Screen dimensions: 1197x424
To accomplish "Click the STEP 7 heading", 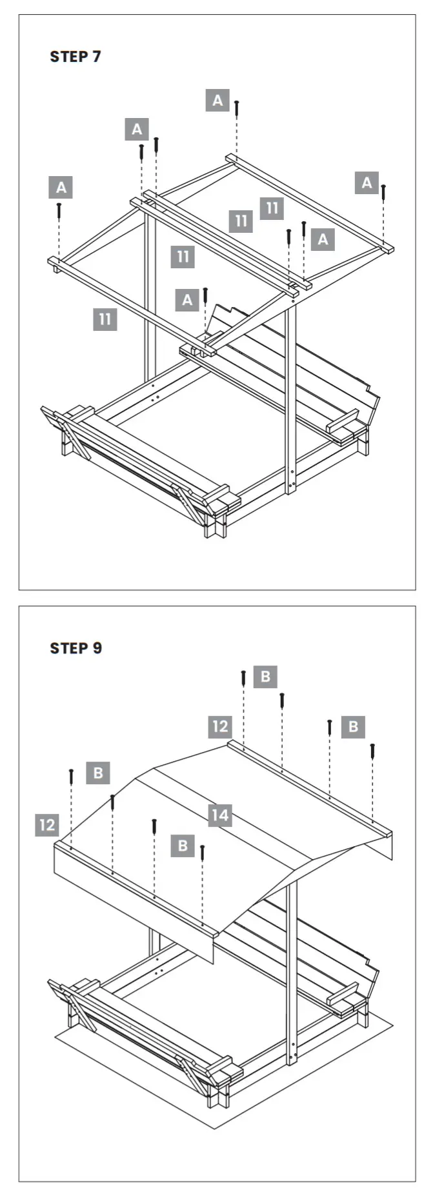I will [x=76, y=57].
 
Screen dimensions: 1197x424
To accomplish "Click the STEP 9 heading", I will [x=76, y=648].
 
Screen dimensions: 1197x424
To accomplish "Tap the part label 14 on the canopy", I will [x=220, y=815].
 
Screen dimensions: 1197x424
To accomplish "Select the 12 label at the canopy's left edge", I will [x=47, y=825].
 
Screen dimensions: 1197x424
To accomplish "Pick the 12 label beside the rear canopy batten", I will [x=220, y=726].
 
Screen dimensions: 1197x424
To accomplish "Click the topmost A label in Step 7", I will [x=217, y=100].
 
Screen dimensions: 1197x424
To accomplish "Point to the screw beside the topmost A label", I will [x=237, y=108].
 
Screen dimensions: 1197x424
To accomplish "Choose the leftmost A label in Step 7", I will [x=61, y=188].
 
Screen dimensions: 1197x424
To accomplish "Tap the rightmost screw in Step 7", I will [x=383, y=192].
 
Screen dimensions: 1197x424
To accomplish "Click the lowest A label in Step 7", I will [x=187, y=300].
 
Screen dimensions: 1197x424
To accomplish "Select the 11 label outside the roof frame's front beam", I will [x=105, y=319].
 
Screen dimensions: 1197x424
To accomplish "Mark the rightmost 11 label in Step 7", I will [x=272, y=208].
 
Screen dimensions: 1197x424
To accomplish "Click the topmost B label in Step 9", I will [x=265, y=677].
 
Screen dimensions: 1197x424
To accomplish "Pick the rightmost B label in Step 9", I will [x=353, y=727].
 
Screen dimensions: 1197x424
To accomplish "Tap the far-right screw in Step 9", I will [x=372, y=751].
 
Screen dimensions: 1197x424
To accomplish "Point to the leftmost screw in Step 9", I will [x=72, y=776].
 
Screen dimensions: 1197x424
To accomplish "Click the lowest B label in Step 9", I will [x=183, y=846].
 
